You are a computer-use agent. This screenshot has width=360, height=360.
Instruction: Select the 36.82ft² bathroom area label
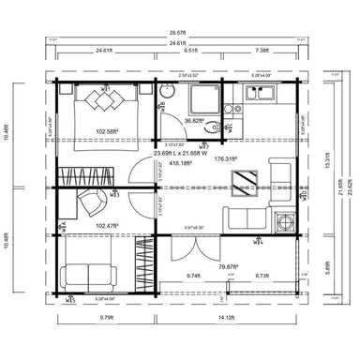pyautogui.click(x=194, y=121)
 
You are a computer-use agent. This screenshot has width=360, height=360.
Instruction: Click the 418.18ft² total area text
pyautogui.click(x=180, y=161)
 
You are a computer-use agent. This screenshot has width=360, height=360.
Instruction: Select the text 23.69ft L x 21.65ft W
pyautogui.click(x=180, y=152)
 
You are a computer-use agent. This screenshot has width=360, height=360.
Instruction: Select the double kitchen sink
pyautogui.click(x=259, y=93)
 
